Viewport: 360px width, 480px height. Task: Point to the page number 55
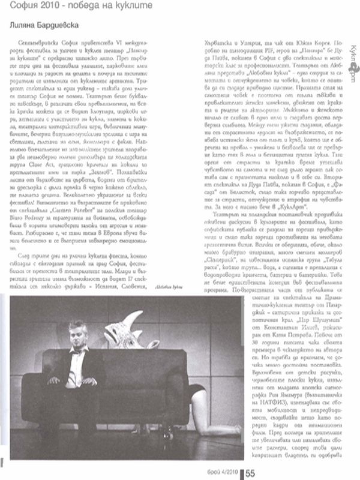(x=250, y=473)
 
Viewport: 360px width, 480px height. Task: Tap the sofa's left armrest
(x=33, y=384)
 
